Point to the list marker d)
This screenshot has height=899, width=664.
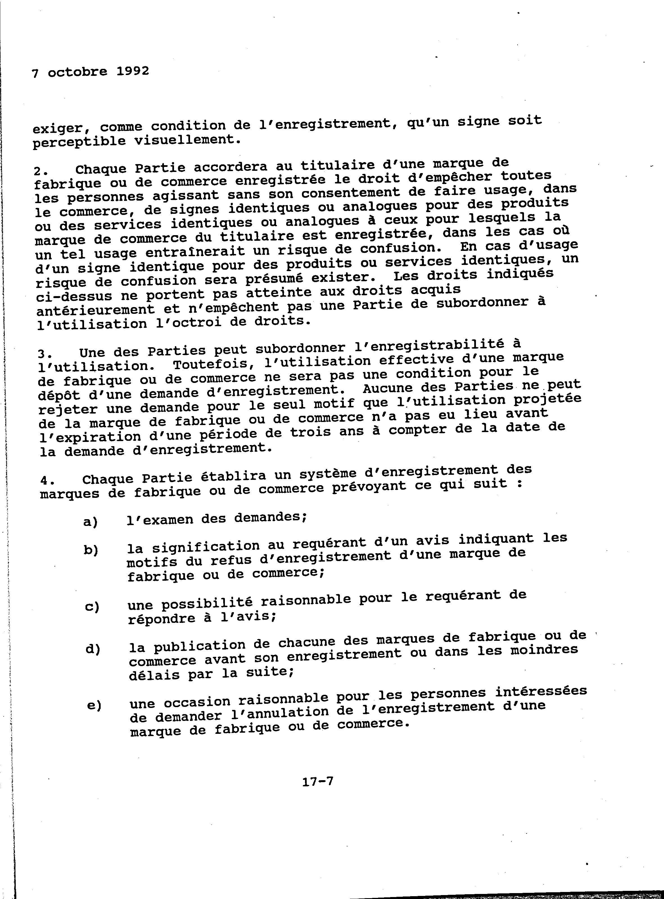[93, 650]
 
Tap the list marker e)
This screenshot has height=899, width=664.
[94, 706]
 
